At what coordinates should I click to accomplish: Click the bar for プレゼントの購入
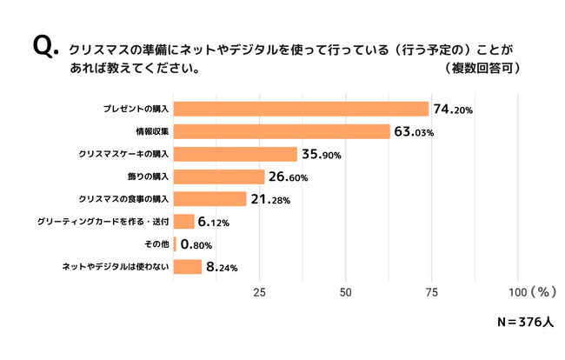pos(302,110)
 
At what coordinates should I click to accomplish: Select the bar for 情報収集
pos(282,132)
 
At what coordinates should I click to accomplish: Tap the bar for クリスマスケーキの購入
pos(236,155)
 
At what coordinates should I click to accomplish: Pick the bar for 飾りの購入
pos(219,177)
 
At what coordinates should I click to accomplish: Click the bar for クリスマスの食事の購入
pos(210,200)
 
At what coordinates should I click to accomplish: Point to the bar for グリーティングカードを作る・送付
pos(184,223)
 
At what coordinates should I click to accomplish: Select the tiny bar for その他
pos(176,244)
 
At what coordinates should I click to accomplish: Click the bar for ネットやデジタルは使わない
pos(188,267)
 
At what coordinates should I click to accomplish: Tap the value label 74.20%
pos(452,110)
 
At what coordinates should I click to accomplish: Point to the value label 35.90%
pos(322,155)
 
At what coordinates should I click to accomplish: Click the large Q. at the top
pos(45,47)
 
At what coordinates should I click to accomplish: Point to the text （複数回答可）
pos(482,68)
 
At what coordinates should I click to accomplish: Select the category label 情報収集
pos(152,132)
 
